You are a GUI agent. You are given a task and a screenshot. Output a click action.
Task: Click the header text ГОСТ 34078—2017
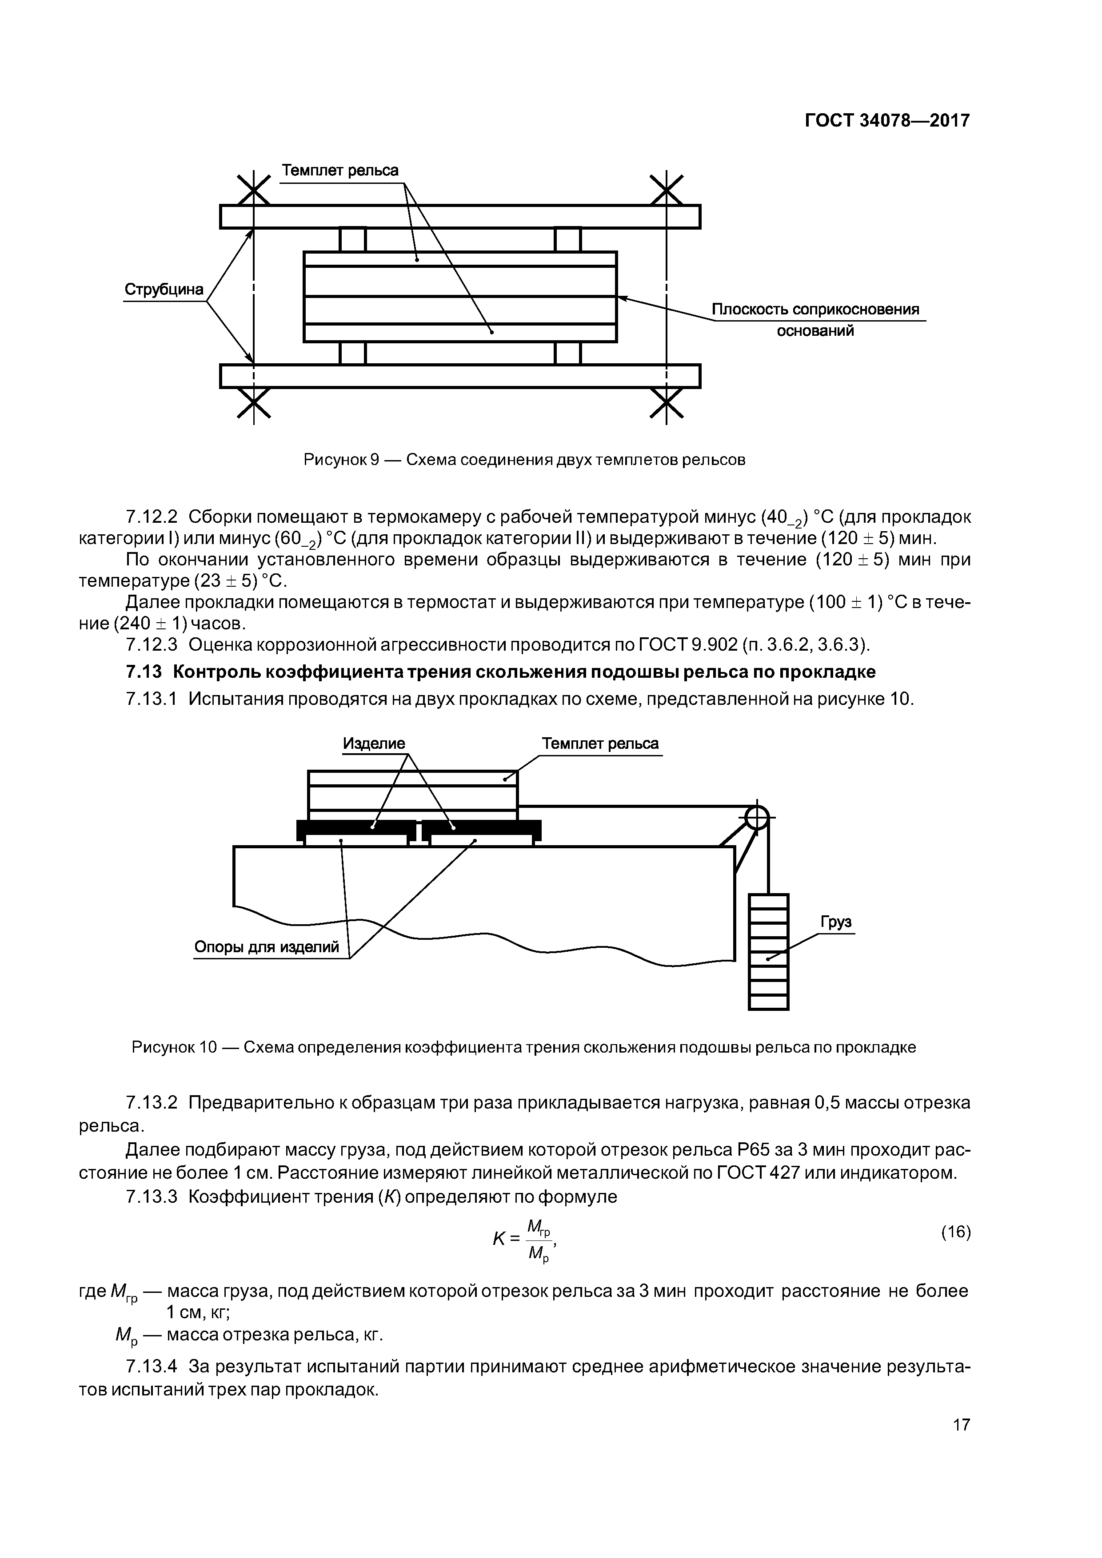tap(887, 121)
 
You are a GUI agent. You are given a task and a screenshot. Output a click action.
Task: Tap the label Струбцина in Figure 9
tap(164, 290)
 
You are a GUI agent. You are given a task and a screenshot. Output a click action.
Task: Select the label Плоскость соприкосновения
tap(815, 310)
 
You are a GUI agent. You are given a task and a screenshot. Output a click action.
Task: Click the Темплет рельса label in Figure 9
tap(340, 170)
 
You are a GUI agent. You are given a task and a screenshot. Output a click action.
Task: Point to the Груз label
tap(836, 922)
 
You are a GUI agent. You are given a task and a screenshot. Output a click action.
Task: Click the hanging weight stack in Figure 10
tap(768, 951)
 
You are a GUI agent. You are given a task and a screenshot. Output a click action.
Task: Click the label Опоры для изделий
tap(267, 946)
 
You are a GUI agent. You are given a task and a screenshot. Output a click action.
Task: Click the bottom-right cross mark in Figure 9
tap(666, 405)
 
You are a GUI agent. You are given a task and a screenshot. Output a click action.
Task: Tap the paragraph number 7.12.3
tap(152, 644)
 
